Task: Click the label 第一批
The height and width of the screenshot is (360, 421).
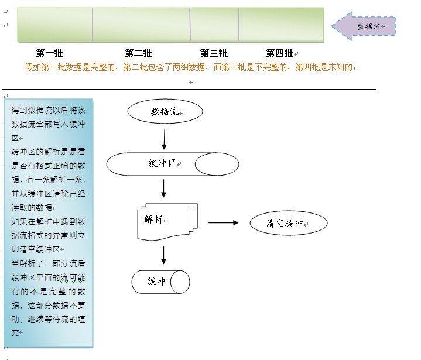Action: click(x=49, y=53)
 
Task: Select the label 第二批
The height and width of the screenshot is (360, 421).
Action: click(x=139, y=53)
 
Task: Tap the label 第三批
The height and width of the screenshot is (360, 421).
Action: click(x=214, y=53)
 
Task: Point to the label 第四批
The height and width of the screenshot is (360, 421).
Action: click(x=279, y=53)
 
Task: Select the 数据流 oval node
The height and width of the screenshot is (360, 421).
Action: click(x=165, y=112)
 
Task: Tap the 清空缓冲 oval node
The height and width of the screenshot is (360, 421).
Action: click(x=288, y=223)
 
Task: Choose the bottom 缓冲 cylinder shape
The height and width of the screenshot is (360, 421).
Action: click(x=160, y=282)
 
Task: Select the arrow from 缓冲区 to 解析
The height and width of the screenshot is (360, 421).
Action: click(x=164, y=188)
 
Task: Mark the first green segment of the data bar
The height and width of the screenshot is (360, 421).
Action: click(x=55, y=25)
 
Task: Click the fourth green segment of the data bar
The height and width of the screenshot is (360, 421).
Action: click(x=281, y=25)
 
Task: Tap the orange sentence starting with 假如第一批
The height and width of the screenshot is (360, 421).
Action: click(x=189, y=67)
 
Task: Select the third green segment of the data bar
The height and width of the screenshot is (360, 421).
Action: click(x=214, y=25)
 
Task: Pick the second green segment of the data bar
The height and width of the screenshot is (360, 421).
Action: click(x=141, y=25)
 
